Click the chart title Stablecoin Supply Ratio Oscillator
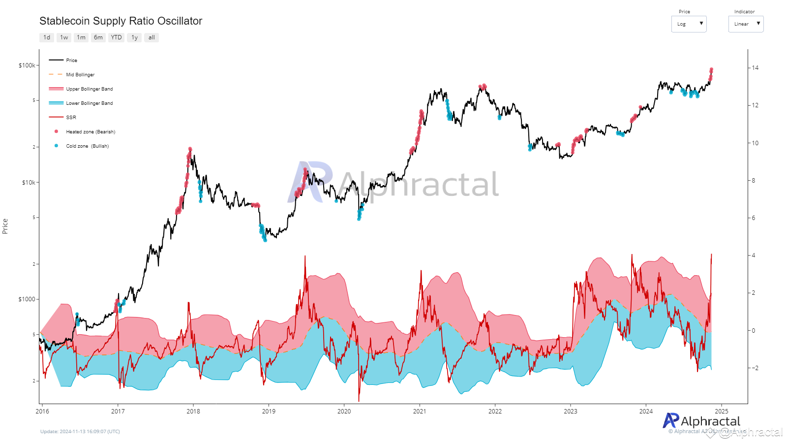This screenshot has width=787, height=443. (x=121, y=21)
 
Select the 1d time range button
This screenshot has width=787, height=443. (x=47, y=37)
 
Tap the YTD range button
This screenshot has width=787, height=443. (x=116, y=37)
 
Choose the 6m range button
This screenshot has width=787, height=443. (x=98, y=37)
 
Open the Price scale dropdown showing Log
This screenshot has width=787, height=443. (x=689, y=24)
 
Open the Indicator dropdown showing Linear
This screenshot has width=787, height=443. (x=746, y=24)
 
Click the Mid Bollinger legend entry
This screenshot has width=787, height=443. (x=80, y=75)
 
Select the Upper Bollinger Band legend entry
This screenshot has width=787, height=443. (x=89, y=89)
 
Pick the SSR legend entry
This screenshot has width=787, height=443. (x=71, y=118)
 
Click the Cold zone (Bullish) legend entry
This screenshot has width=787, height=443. (x=87, y=146)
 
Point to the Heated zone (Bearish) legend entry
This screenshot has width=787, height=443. (x=91, y=132)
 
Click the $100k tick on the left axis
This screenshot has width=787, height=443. (x=27, y=65)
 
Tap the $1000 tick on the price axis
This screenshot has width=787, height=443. (x=27, y=299)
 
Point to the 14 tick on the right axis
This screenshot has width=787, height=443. (x=755, y=68)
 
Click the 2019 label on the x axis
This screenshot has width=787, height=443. (x=269, y=411)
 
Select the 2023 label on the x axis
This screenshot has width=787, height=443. (x=571, y=411)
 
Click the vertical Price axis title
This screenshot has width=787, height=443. (x=5, y=226)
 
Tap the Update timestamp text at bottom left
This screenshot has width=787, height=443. (x=80, y=432)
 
